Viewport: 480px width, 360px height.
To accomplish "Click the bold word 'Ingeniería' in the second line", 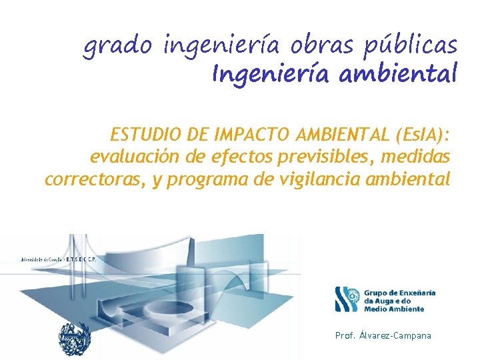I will tap(271, 73).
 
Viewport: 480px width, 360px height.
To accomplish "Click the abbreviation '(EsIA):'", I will tap(421, 136).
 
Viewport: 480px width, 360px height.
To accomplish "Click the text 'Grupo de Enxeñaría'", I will tap(399, 293).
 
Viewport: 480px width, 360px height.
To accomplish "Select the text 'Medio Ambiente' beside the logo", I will tap(393, 309).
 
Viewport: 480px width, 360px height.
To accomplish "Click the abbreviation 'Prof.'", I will tap(346, 335).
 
